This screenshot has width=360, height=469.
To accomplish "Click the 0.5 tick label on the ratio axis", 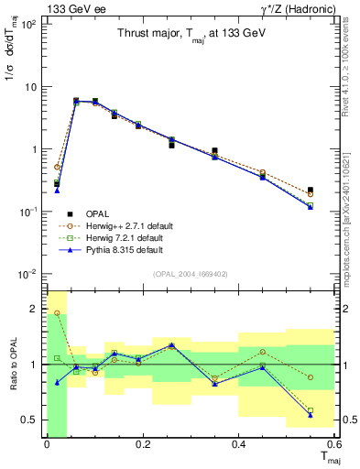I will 29,420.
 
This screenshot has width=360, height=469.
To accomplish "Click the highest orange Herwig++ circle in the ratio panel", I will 57,313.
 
